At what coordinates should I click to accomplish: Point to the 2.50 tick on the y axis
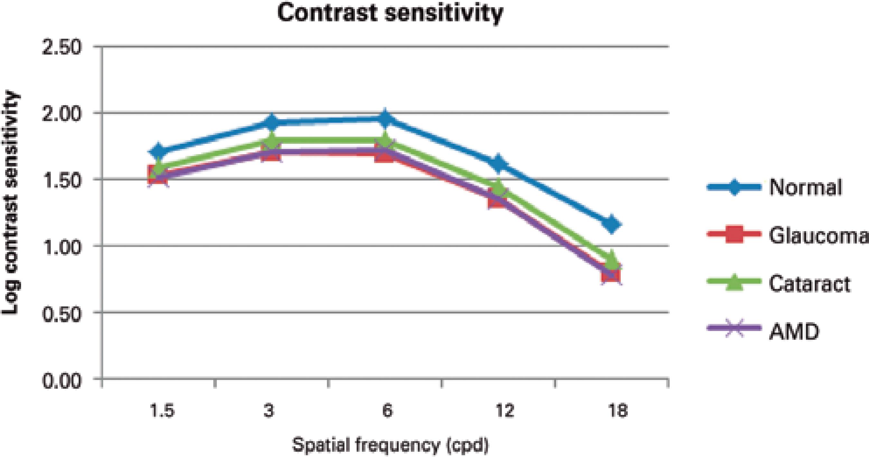[62, 47]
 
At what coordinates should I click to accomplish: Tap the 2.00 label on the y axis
[62, 113]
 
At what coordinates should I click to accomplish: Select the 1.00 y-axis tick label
[62, 247]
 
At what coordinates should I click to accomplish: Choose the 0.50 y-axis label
[62, 313]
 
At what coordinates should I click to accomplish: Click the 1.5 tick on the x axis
[162, 411]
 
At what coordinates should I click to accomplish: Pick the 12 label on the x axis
[505, 411]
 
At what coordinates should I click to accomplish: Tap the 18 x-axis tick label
[618, 411]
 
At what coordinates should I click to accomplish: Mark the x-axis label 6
[387, 411]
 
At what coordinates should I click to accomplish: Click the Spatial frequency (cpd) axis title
[390, 445]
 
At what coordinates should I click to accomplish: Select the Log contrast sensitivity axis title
[11, 203]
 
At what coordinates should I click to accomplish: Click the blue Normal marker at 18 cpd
[611, 224]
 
